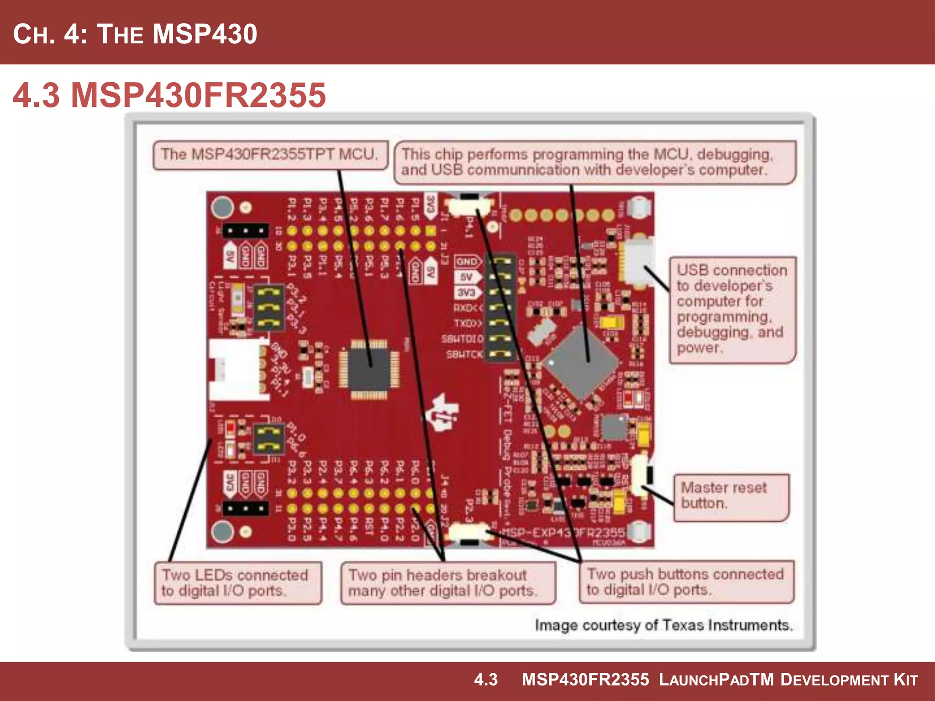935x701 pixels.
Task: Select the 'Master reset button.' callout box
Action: coord(731,497)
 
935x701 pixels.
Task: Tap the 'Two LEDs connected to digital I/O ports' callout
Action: coord(237,583)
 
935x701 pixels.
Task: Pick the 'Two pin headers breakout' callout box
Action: coord(448,583)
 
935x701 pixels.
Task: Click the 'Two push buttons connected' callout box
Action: coord(686,581)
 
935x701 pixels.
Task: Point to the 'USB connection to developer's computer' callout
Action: coord(732,309)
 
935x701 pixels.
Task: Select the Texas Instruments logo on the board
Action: coord(441,413)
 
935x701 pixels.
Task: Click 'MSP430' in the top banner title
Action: coord(205,34)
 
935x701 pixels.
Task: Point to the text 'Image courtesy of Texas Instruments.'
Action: coord(663,625)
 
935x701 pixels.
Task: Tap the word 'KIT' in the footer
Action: coord(905,680)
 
